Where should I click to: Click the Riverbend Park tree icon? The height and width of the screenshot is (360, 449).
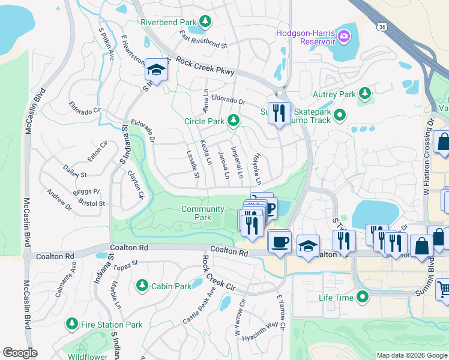pyautogui.click(x=205, y=22)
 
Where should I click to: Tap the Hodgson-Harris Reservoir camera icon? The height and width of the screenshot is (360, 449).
pyautogui.click(x=344, y=37)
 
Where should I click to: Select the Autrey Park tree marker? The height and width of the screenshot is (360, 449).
pyautogui.click(x=364, y=94)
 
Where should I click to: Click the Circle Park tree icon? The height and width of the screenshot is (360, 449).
pyautogui.click(x=234, y=121)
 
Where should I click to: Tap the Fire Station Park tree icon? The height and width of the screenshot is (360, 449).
pyautogui.click(x=71, y=325)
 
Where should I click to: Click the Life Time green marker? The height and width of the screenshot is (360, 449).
pyautogui.click(x=363, y=297)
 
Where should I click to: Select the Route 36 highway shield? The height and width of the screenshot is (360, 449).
pyautogui.click(x=382, y=27)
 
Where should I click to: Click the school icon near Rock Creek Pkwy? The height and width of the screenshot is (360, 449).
pyautogui.click(x=156, y=71)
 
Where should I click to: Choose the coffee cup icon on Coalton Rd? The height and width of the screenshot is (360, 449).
pyautogui.click(x=280, y=241)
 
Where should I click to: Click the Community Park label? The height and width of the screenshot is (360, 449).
pyautogui.click(x=203, y=213)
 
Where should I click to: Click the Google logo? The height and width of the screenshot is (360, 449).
pyautogui.click(x=20, y=353)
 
